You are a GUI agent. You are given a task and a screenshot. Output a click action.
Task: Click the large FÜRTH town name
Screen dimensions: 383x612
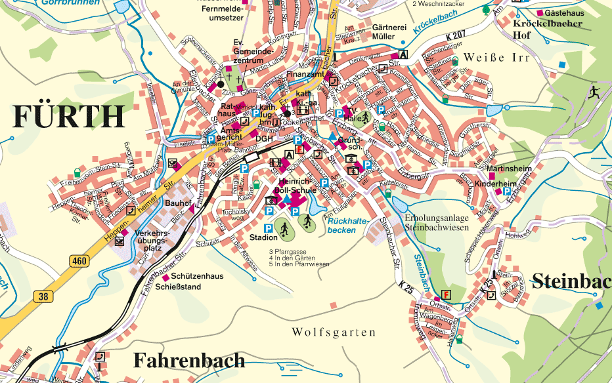pyautogui.click(x=68, y=116)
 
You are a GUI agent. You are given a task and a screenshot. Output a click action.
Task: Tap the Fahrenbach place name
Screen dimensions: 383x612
pyautogui.click(x=188, y=360)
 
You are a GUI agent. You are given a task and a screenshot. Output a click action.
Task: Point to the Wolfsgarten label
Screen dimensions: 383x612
pyautogui.click(x=334, y=333)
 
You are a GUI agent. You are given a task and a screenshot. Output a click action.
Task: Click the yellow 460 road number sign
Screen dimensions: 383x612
pyautogui.click(x=79, y=261)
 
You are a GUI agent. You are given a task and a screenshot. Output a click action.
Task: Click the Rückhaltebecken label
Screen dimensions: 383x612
pyautogui.click(x=345, y=226)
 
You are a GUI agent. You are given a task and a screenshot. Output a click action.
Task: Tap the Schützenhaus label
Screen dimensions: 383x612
pyautogui.click(x=196, y=276)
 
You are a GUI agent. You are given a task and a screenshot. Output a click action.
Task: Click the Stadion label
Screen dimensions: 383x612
pyautogui.click(x=263, y=237)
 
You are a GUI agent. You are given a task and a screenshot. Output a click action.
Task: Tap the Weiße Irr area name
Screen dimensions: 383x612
pyautogui.click(x=496, y=58)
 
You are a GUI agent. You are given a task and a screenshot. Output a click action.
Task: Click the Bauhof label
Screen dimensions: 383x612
pyautogui.click(x=177, y=203)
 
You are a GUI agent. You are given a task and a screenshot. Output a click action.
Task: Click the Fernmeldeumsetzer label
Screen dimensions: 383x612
pyautogui.click(x=223, y=14)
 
